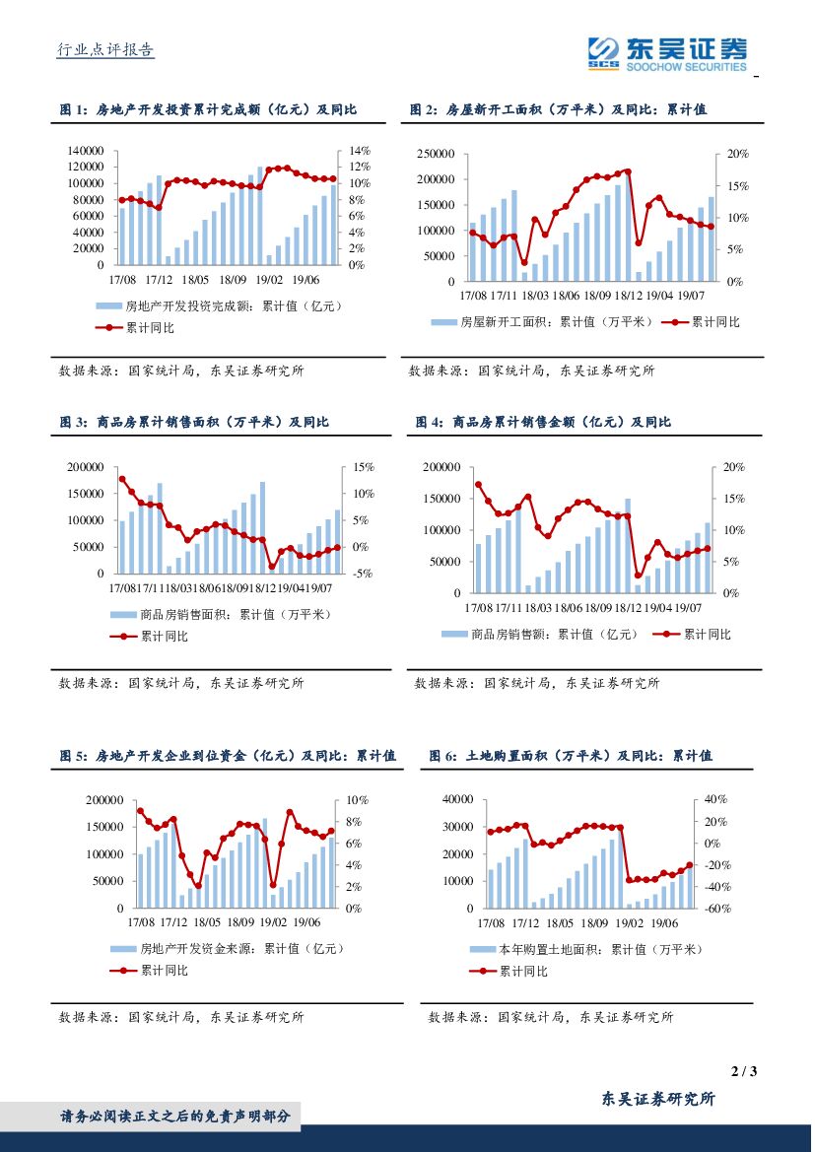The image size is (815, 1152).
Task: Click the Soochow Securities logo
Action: click(667, 53)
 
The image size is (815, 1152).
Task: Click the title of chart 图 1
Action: click(208, 110)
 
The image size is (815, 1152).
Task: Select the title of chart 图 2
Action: click(559, 110)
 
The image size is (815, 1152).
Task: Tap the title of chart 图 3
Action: click(194, 422)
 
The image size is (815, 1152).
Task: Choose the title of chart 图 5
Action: click(228, 756)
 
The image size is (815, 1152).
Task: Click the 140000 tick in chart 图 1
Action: click(86, 151)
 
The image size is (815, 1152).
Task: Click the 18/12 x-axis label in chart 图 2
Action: click(628, 295)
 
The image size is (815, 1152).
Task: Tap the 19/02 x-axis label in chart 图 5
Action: click(273, 922)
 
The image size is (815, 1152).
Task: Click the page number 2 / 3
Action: click(744, 1071)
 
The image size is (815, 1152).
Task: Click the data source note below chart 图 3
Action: click(181, 682)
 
